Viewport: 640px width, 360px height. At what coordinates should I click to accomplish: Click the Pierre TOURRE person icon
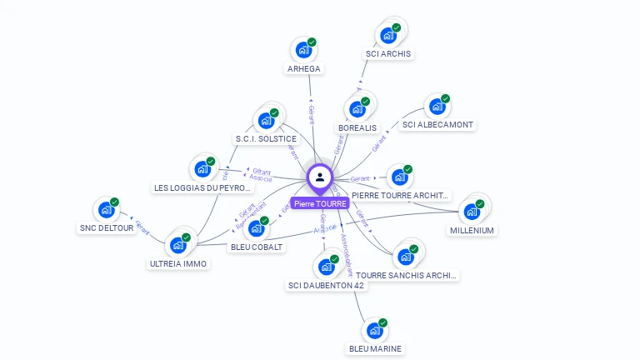pyautogui.click(x=320, y=177)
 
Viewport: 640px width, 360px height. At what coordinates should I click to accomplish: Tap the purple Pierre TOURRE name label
pyautogui.click(x=320, y=203)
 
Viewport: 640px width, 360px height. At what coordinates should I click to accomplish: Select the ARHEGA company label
pyautogui.click(x=303, y=68)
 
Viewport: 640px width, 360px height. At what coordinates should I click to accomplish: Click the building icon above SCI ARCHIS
pyautogui.click(x=387, y=35)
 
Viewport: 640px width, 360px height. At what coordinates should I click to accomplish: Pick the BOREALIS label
pyautogui.click(x=357, y=127)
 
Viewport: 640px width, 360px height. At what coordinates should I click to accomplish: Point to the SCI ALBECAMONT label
pyautogui.click(x=437, y=125)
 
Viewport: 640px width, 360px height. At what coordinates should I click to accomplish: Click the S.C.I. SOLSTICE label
pyautogui.click(x=266, y=138)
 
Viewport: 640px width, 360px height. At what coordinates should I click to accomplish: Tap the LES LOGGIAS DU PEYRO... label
pyautogui.click(x=202, y=188)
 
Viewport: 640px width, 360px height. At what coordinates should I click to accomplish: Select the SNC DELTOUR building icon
pyautogui.click(x=107, y=210)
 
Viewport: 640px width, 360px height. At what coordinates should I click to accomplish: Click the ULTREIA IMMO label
pyautogui.click(x=178, y=263)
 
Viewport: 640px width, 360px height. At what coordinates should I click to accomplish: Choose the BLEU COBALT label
pyautogui.click(x=257, y=247)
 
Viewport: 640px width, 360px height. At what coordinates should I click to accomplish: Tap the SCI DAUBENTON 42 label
pyautogui.click(x=326, y=285)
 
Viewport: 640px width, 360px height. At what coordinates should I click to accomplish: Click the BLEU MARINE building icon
pyautogui.click(x=375, y=331)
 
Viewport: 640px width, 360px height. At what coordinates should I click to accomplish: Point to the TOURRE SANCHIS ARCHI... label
pyautogui.click(x=407, y=275)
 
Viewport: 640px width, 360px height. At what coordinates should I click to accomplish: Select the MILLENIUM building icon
pyautogui.click(x=472, y=212)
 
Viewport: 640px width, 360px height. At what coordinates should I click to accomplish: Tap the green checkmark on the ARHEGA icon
pyautogui.click(x=312, y=42)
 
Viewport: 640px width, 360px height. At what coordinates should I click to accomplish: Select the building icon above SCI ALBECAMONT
pyautogui.click(x=437, y=106)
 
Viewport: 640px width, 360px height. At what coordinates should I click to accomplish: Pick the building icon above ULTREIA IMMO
pyautogui.click(x=177, y=245)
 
